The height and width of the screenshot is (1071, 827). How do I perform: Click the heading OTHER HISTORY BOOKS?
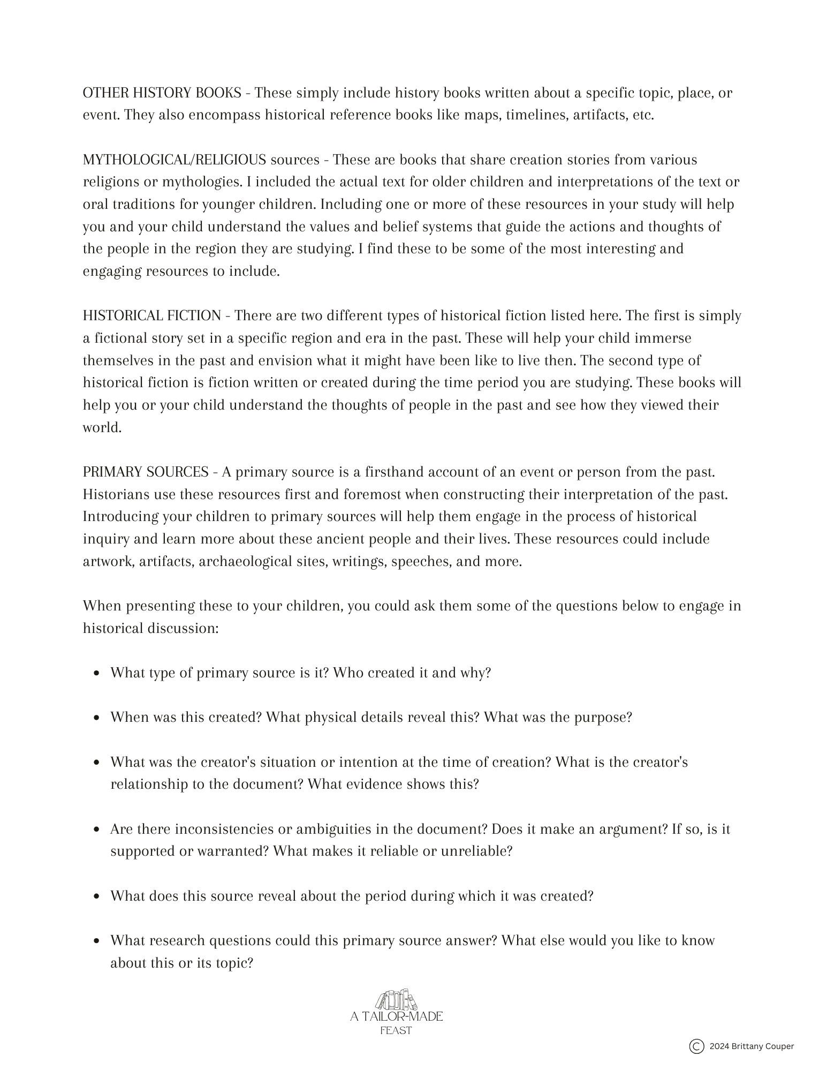tap(162, 93)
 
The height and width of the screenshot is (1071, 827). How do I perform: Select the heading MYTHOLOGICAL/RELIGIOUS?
tap(174, 160)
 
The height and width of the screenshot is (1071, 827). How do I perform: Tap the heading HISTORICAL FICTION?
tap(152, 316)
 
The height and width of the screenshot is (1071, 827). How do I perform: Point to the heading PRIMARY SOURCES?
tap(146, 472)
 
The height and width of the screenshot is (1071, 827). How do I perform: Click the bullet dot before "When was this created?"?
tap(96, 718)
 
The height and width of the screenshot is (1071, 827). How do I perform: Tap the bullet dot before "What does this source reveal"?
tap(96, 896)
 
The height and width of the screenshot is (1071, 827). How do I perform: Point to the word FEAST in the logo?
tap(396, 1030)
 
